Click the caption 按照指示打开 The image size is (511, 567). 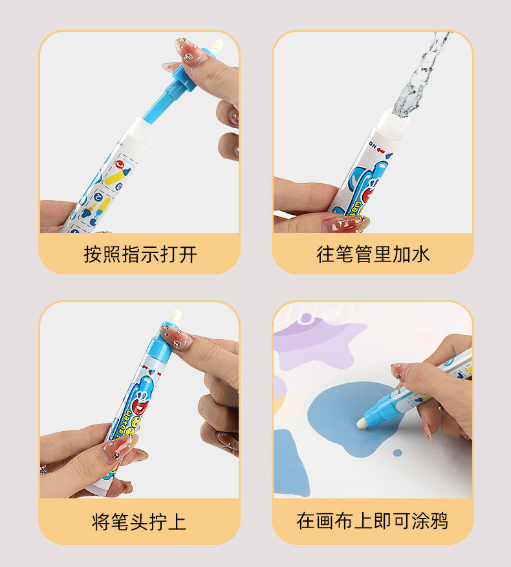tap(140, 254)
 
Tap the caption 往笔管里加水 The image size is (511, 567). tap(373, 254)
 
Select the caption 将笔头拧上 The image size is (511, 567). tap(140, 522)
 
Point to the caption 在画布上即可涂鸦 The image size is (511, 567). tap(373, 522)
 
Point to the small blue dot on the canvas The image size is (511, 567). tap(397, 452)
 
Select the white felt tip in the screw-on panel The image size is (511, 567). tap(173, 317)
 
